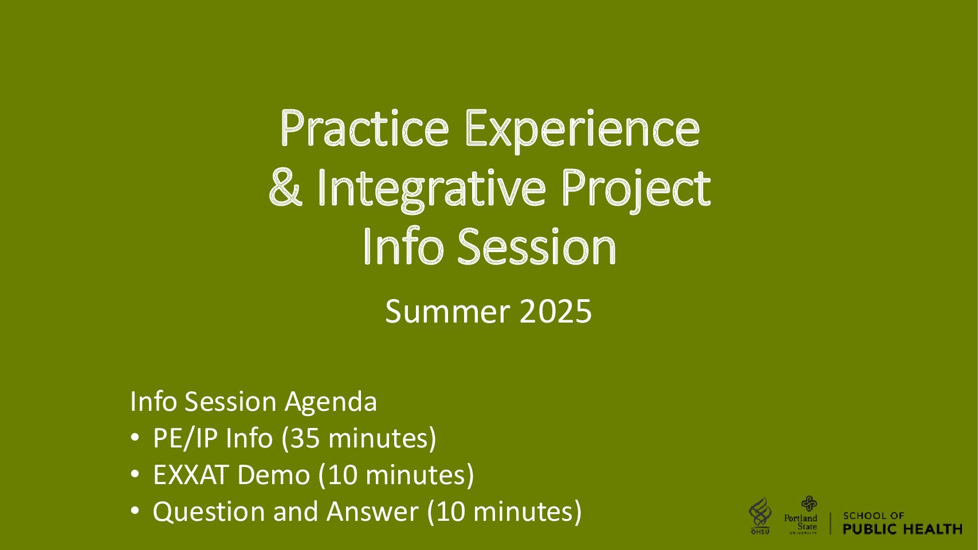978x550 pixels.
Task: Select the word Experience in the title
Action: click(x=583, y=131)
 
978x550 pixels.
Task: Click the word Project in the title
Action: click(x=636, y=190)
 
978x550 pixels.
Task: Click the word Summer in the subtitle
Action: click(x=447, y=312)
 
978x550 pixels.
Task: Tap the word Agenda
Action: click(x=331, y=402)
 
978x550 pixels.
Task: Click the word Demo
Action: click(x=274, y=474)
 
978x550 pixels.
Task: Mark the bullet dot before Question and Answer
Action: click(x=135, y=510)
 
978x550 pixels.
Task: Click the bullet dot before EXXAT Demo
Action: click(x=135, y=474)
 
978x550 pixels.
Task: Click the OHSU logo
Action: click(x=760, y=516)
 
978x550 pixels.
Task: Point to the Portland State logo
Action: click(x=801, y=515)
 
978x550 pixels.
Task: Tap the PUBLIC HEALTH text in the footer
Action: click(x=902, y=529)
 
